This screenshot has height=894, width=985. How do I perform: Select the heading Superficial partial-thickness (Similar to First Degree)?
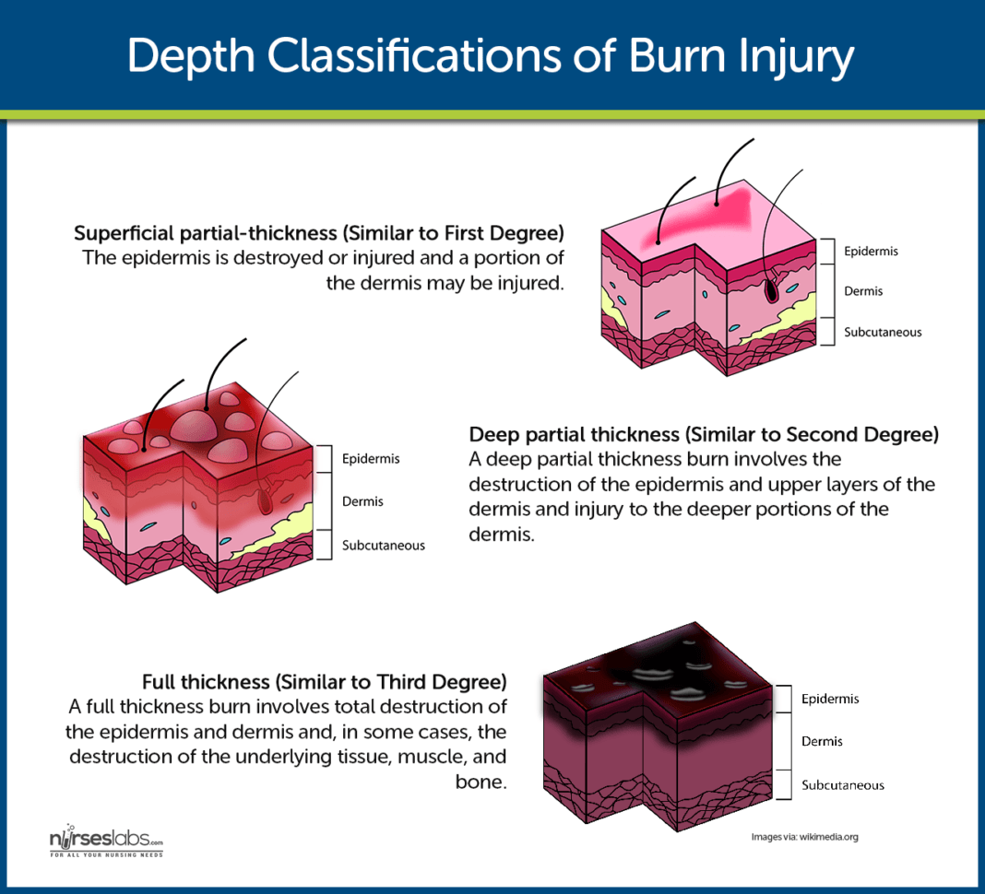[319, 231]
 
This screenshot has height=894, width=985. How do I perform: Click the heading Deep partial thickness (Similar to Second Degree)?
[704, 434]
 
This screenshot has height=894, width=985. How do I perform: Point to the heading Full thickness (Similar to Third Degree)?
[325, 682]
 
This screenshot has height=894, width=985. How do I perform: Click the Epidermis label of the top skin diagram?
[871, 251]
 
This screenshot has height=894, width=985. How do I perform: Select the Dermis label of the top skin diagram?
[863, 291]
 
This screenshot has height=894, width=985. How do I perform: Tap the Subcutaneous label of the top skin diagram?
[883, 332]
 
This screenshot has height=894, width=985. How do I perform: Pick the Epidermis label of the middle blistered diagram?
[371, 458]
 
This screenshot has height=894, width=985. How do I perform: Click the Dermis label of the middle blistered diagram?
[362, 501]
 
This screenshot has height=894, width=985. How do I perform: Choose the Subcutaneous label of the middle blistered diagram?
[384, 545]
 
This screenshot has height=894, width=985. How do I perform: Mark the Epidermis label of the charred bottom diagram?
[830, 699]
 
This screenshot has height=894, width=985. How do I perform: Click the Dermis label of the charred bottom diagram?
[822, 741]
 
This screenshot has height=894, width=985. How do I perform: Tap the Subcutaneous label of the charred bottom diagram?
[843, 785]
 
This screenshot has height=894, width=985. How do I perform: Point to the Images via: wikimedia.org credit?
[805, 837]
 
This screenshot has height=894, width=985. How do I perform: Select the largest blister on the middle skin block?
[193, 426]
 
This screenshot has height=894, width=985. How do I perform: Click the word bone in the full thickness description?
[485, 782]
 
